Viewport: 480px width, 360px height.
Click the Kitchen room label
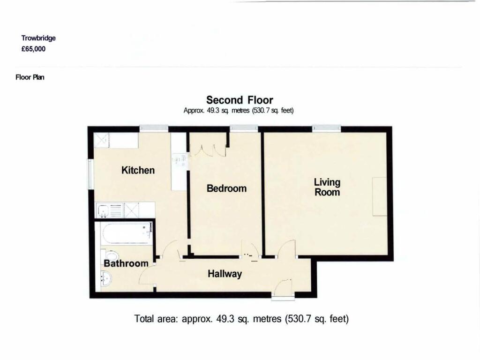click(x=138, y=170)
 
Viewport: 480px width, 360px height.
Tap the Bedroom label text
click(x=226, y=188)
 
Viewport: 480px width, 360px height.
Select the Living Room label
click(x=327, y=187)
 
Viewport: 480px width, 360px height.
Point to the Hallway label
click(x=225, y=274)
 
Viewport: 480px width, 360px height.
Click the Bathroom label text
click(x=126, y=263)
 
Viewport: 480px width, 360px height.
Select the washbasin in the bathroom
click(x=105, y=279)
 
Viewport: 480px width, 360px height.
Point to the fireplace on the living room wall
click(x=379, y=196)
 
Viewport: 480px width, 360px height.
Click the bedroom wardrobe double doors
click(x=208, y=150)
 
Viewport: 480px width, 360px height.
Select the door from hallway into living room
click(x=287, y=250)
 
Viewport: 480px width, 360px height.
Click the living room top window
click(x=327, y=127)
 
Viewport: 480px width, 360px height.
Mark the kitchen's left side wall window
click(x=90, y=174)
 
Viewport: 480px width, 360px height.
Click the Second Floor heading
click(x=240, y=100)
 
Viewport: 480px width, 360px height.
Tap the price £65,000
click(x=33, y=48)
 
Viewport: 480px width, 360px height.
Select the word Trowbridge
click(x=38, y=38)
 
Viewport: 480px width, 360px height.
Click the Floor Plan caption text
click(x=30, y=77)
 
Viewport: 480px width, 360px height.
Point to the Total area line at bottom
click(x=241, y=319)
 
